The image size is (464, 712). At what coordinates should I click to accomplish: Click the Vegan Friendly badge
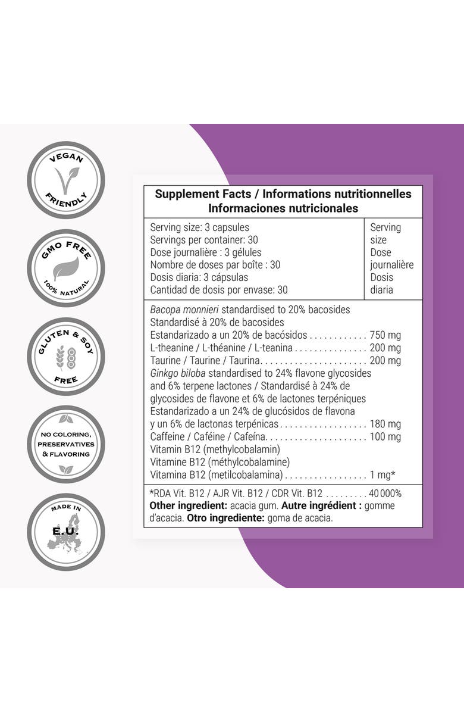click(x=66, y=180)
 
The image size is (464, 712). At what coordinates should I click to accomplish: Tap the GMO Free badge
click(x=66, y=268)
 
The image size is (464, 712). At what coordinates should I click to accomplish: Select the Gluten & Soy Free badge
click(x=66, y=356)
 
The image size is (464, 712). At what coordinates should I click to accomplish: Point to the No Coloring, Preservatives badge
click(x=66, y=444)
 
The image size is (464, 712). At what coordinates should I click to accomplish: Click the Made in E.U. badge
click(x=66, y=532)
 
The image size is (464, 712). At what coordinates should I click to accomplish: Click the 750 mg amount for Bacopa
click(x=385, y=335)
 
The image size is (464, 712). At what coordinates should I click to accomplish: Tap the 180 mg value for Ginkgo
click(x=385, y=424)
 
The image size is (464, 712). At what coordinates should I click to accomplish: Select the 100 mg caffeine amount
click(x=385, y=436)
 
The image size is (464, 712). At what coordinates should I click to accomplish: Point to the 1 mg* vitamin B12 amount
click(x=383, y=474)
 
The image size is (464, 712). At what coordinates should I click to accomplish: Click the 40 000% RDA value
click(x=385, y=493)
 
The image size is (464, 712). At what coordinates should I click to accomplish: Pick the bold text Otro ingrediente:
click(x=223, y=518)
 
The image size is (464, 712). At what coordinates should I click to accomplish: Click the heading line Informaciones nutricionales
click(x=283, y=208)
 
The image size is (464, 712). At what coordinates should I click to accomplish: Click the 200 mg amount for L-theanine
click(x=385, y=348)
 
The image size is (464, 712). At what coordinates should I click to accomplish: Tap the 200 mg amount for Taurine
click(x=385, y=360)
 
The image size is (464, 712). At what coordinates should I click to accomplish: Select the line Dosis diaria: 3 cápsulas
click(x=199, y=277)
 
